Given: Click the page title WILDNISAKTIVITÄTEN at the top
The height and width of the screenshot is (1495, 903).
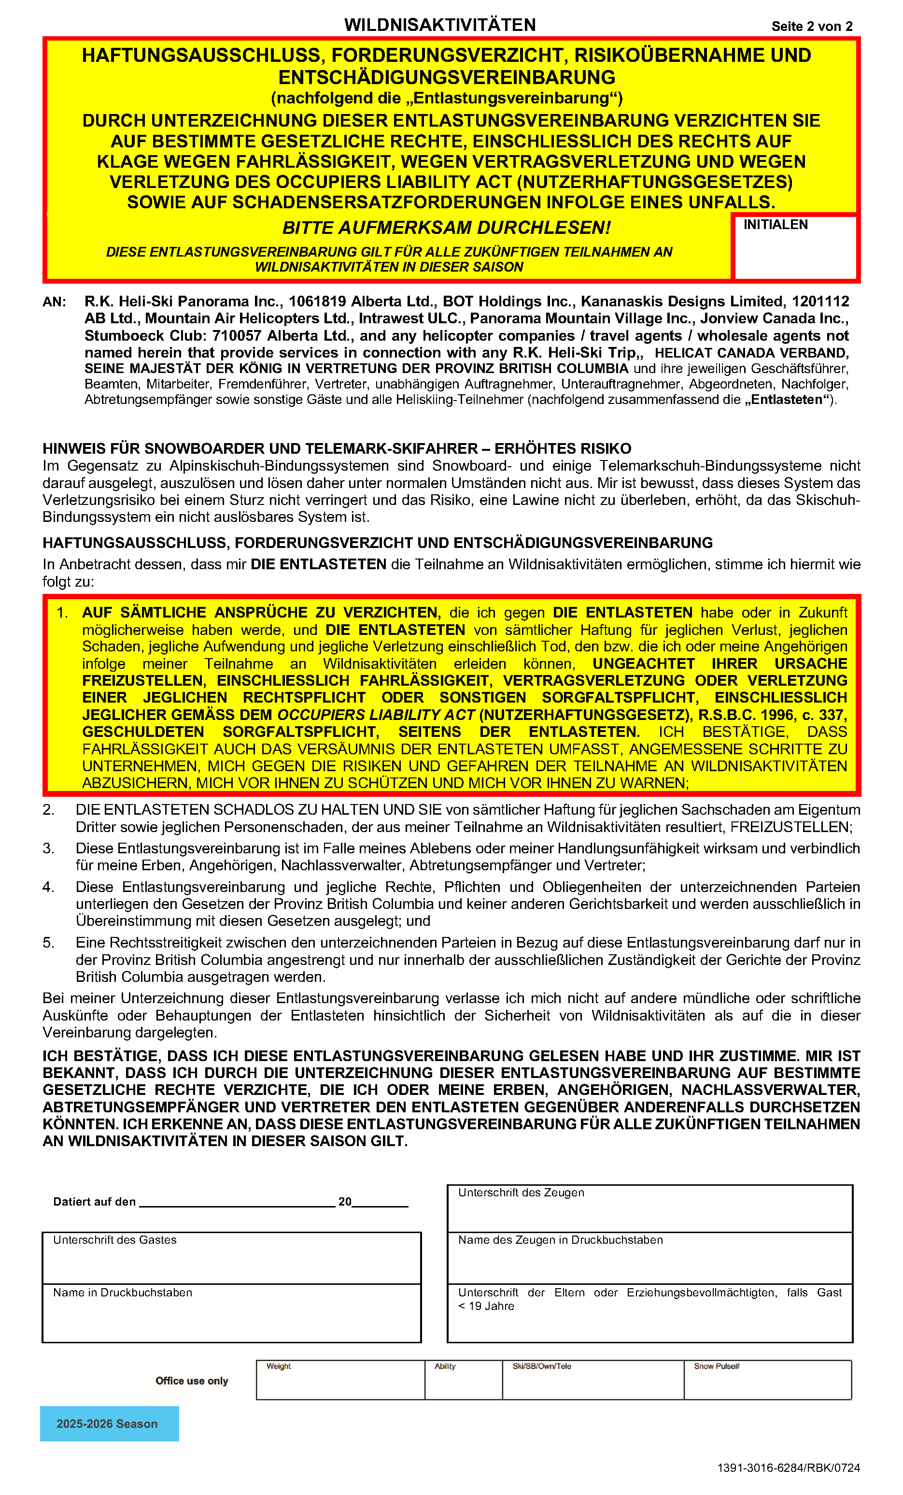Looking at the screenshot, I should [440, 25].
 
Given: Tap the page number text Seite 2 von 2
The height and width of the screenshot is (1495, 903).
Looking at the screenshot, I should [811, 26].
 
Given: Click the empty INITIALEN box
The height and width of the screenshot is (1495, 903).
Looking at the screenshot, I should [794, 252].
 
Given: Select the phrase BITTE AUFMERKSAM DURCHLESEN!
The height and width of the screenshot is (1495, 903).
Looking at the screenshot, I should [446, 228].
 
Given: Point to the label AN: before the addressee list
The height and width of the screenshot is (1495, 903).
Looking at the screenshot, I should [54, 302].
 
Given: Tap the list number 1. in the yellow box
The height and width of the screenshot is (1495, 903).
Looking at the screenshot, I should [62, 612].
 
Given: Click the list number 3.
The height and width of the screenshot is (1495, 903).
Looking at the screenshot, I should [48, 848].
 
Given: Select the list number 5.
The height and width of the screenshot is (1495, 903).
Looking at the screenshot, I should [48, 942].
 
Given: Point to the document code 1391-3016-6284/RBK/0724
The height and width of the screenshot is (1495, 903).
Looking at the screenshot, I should [789, 1467].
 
